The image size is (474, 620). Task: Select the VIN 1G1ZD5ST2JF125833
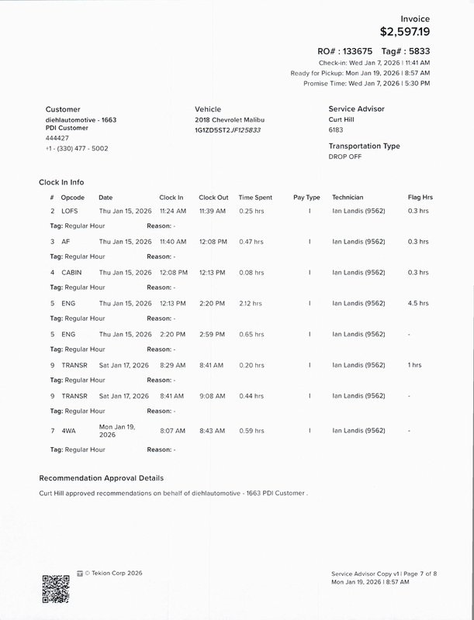227,130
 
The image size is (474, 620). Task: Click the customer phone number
77,147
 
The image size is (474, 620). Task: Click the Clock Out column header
213,198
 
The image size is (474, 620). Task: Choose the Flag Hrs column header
420,198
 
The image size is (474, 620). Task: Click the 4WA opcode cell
68,430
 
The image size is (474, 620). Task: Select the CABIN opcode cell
72,273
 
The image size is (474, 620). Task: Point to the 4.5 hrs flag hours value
417,303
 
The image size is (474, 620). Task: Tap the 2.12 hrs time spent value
251,303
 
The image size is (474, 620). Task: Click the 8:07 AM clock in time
172,430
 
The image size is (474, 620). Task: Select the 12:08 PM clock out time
213,242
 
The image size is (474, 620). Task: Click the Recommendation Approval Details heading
101,478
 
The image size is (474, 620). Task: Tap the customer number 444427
57,138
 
